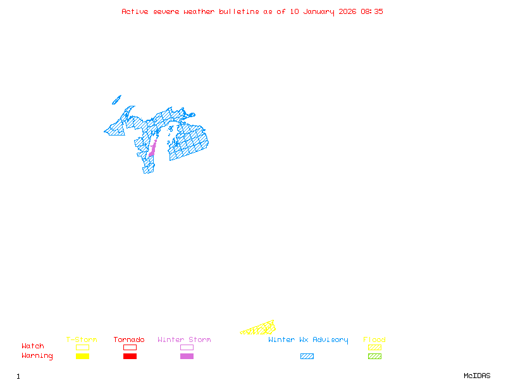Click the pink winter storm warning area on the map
(152, 151)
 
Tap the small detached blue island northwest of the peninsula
(116, 99)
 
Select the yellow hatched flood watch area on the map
(259, 329)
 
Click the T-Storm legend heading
(82, 340)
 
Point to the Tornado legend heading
(129, 340)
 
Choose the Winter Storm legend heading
(184, 340)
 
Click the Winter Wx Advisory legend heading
(308, 340)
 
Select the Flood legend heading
(374, 340)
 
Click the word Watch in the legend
(33, 346)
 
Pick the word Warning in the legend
(37, 356)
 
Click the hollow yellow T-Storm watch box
(82, 347)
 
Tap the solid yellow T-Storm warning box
(82, 357)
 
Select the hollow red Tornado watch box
(130, 347)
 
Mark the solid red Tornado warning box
(130, 357)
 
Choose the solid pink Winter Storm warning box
(187, 357)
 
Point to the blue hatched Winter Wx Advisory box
(307, 357)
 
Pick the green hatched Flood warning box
(374, 357)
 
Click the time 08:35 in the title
(372, 11)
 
